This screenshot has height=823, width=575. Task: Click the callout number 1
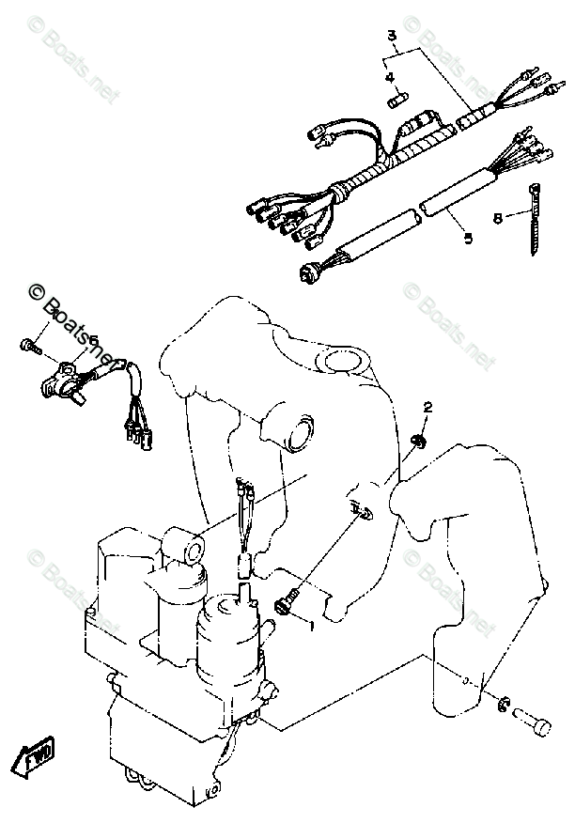pos(306,623)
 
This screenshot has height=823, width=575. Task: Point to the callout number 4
pos(389,78)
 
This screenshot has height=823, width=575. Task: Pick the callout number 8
pos(497,219)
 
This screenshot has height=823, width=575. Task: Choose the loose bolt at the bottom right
pos(537,724)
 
